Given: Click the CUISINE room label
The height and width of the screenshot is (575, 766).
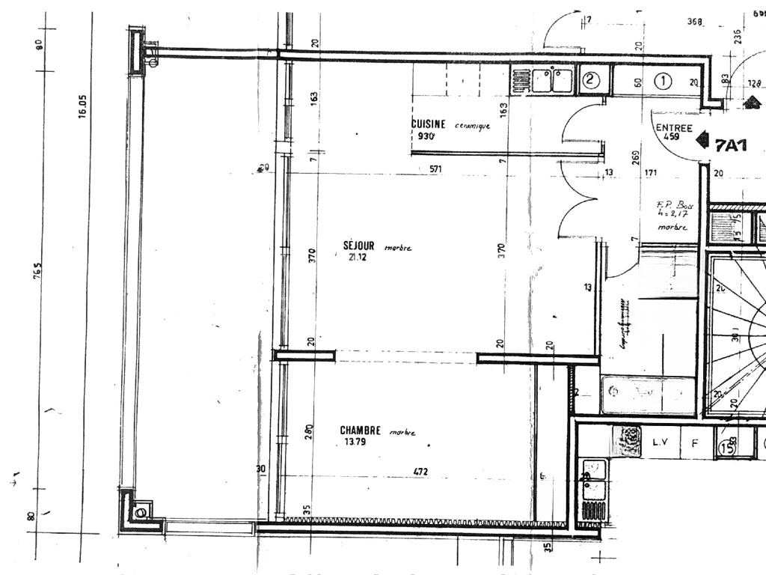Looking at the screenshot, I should [x=429, y=124].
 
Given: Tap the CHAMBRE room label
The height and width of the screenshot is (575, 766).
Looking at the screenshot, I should [x=361, y=431].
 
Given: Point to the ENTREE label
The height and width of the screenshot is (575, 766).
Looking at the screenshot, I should [x=673, y=128].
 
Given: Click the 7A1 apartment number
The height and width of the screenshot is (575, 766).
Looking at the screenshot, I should [x=730, y=145].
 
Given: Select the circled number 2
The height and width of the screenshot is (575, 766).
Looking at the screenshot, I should [x=589, y=79].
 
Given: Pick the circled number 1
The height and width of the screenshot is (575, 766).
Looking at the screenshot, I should [x=663, y=81].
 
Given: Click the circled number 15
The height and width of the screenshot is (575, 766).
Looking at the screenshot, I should [x=725, y=448].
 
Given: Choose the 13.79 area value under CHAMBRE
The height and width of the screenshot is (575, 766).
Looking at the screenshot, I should [x=355, y=442].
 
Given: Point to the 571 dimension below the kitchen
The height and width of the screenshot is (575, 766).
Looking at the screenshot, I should [x=435, y=169].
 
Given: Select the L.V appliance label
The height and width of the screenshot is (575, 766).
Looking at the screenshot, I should [x=660, y=443].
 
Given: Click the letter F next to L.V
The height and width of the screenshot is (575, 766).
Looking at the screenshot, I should [x=694, y=443].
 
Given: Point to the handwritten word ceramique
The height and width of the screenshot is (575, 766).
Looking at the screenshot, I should [x=472, y=126].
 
